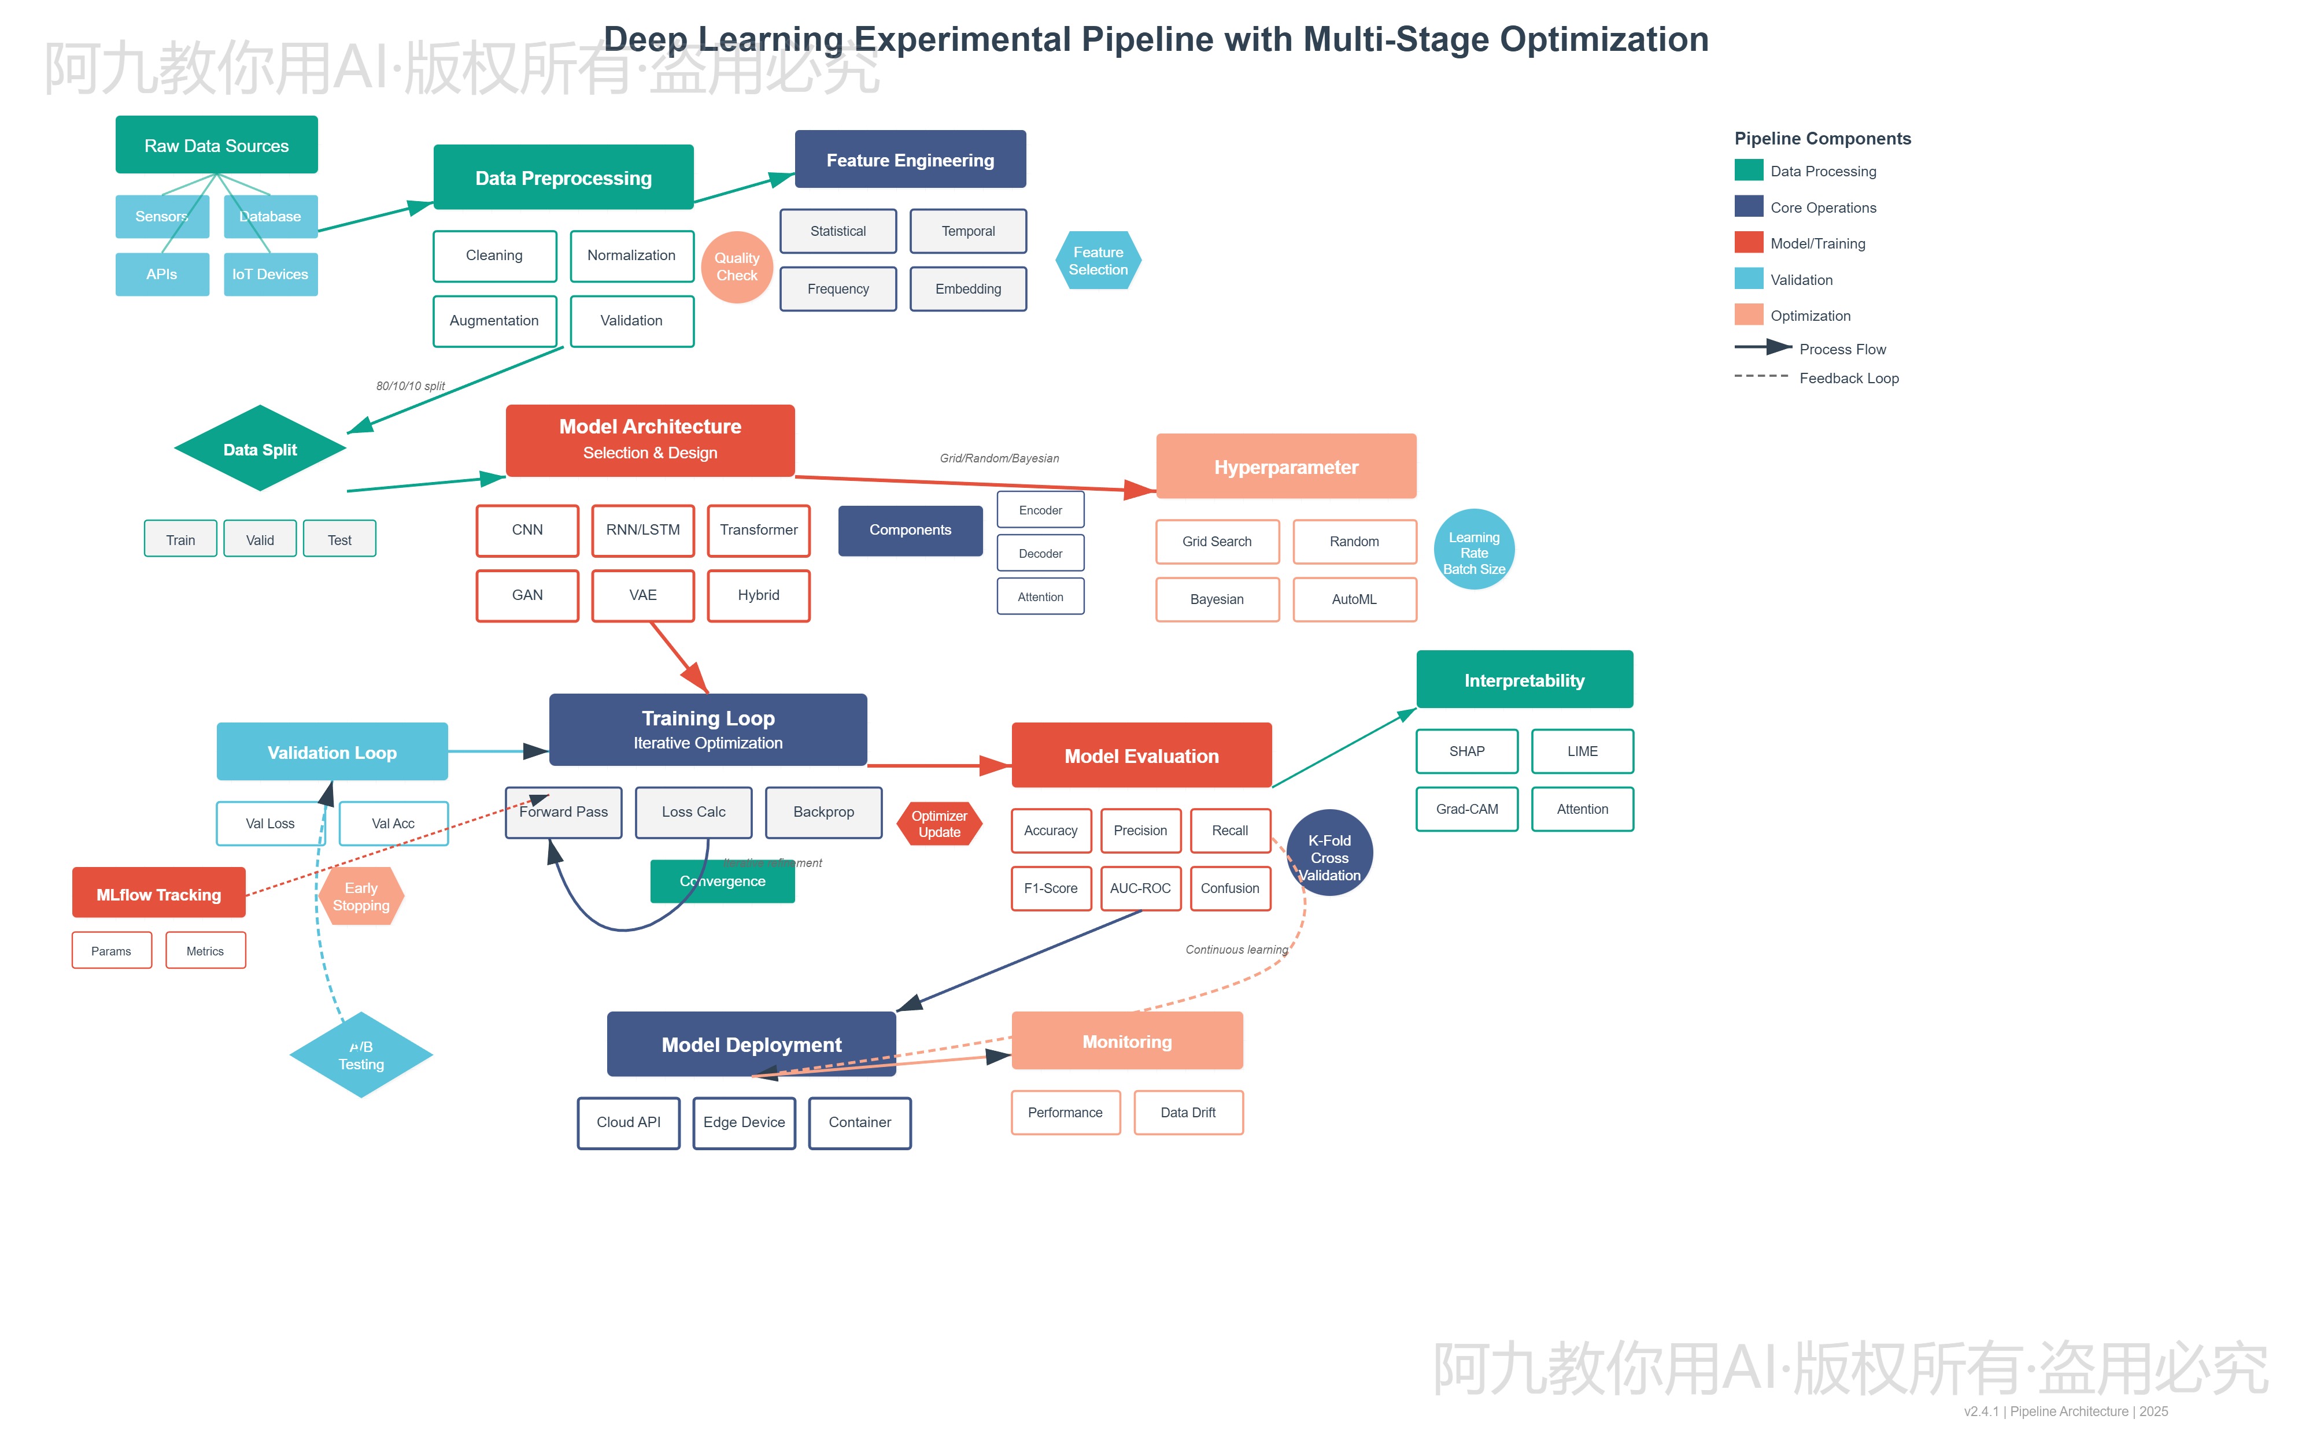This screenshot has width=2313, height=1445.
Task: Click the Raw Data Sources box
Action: pos(216,145)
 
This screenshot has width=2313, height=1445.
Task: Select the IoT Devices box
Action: pos(271,275)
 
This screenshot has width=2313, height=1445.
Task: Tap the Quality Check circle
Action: pos(736,266)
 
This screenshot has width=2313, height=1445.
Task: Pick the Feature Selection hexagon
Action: pos(1098,261)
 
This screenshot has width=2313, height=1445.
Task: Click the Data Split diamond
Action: pos(260,449)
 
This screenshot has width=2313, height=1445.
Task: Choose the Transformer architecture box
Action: pos(758,531)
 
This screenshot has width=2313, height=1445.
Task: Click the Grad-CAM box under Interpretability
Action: pos(1466,809)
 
